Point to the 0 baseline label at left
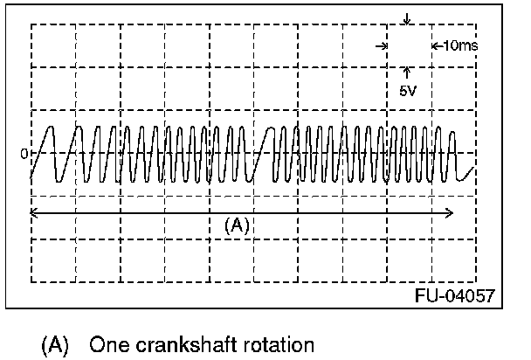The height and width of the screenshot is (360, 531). tap(24, 155)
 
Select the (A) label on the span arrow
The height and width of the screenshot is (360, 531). tap(237, 225)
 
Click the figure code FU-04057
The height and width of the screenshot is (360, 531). tap(454, 295)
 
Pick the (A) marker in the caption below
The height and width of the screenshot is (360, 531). tap(54, 344)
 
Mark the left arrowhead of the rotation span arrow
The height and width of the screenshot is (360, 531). tap(33, 212)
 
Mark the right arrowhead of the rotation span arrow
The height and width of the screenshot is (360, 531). tap(450, 212)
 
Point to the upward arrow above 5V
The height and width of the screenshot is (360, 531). tap(408, 73)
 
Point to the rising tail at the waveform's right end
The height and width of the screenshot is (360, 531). tap(468, 171)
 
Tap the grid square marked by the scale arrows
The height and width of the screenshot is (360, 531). tap(408, 46)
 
